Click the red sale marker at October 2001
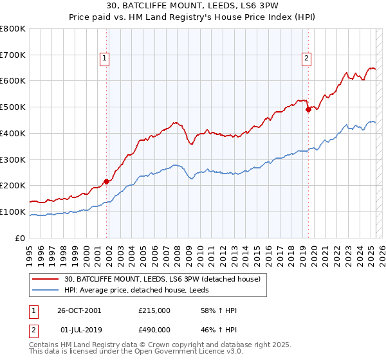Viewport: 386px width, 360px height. click(106, 181)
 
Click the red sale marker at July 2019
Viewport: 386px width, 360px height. click(308, 109)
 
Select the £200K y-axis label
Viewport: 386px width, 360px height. click(13, 185)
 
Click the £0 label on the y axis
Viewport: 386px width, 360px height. click(21, 238)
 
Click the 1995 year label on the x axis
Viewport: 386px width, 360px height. click(30, 251)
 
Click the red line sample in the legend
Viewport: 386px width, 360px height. click(46, 279)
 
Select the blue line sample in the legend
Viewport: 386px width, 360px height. click(46, 291)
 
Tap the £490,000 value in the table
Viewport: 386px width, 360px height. click(154, 329)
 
